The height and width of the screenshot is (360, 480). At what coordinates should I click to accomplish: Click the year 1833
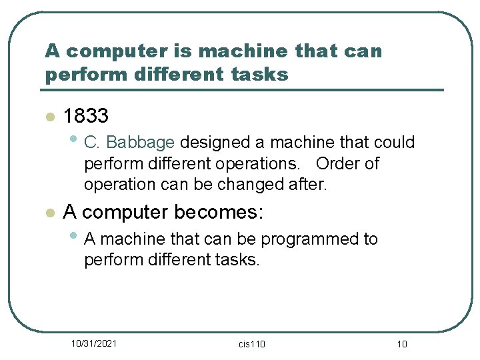[x=86, y=117]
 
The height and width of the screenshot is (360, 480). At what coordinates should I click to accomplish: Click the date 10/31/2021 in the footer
[x=94, y=343]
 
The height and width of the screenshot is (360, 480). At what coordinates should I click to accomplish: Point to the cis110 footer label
[x=251, y=344]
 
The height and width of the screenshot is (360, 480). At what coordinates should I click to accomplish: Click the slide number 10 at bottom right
[x=401, y=344]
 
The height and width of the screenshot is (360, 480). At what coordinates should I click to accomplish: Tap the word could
[x=395, y=143]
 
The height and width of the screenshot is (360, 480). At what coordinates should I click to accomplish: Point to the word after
[x=307, y=185]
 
